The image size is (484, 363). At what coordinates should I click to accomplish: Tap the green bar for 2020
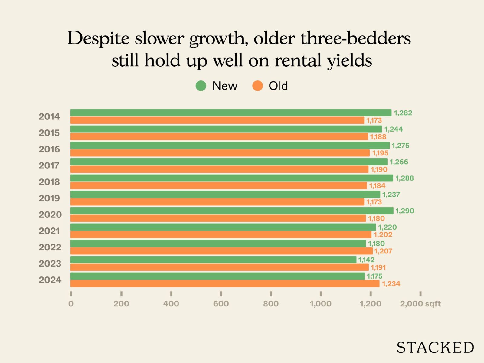pyautogui.click(x=232, y=211)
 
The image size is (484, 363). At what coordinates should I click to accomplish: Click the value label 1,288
pyautogui.click(x=404, y=178)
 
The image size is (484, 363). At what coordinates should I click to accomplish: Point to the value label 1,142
pyautogui.click(x=366, y=260)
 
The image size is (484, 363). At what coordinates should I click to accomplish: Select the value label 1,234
pyautogui.click(x=391, y=284)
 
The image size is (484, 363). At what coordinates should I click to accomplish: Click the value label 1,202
pyautogui.click(x=383, y=235)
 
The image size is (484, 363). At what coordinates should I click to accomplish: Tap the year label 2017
pyautogui.click(x=49, y=165)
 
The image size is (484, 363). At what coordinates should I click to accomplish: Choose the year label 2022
pyautogui.click(x=50, y=247)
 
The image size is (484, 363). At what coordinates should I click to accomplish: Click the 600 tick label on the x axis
pyautogui.click(x=221, y=304)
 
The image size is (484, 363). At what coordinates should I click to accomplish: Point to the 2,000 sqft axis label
pyautogui.click(x=420, y=304)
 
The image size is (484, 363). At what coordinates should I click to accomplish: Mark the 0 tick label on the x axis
pyautogui.click(x=71, y=304)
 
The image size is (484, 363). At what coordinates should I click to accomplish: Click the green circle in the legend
pyautogui.click(x=201, y=86)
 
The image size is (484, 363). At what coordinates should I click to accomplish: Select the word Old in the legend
pyautogui.click(x=278, y=86)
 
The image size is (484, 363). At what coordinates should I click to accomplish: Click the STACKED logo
pyautogui.click(x=435, y=348)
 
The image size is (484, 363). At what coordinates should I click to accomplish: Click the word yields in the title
pyautogui.click(x=349, y=60)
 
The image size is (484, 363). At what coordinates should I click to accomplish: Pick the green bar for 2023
pyautogui.click(x=213, y=260)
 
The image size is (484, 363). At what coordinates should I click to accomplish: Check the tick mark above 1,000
pyautogui.click(x=321, y=294)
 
